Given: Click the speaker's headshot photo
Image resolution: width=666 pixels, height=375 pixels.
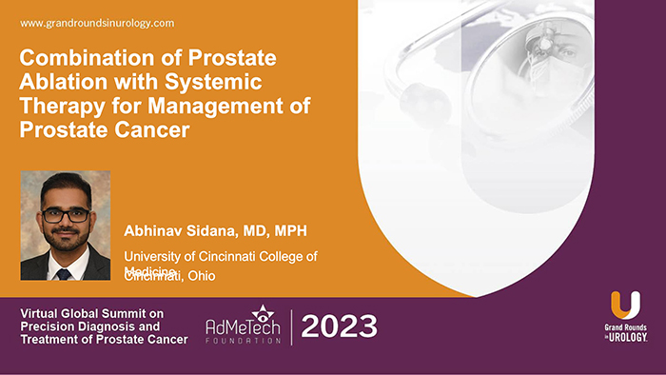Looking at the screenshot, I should click(x=65, y=226).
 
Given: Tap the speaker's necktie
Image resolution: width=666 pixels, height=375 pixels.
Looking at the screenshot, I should click(x=64, y=271).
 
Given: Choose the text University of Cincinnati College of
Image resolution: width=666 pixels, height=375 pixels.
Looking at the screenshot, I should click(x=221, y=256).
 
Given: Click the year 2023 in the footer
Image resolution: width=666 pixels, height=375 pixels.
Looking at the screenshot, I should click(x=340, y=326).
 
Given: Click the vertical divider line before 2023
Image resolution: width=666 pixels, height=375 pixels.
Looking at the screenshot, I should click(x=291, y=327).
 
